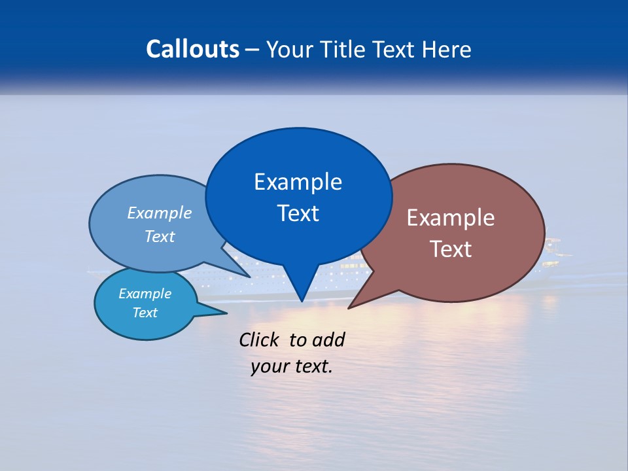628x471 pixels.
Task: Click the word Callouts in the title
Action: [x=193, y=49]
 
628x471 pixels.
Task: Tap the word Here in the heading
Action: [x=447, y=49]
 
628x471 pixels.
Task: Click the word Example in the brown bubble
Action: [x=451, y=218]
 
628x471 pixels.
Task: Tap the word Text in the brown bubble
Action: [x=451, y=249]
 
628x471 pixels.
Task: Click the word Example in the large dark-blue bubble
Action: [x=298, y=182]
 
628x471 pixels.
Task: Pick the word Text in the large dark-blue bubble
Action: [x=298, y=213]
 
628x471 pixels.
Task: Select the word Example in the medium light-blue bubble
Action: [x=160, y=213]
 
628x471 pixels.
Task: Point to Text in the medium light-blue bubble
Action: [x=160, y=237]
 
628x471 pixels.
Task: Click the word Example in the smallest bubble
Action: [x=145, y=294]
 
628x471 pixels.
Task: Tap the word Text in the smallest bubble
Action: [x=145, y=313]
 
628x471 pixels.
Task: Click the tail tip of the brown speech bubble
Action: [x=349, y=308]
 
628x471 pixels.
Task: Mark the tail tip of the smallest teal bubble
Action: [x=226, y=312]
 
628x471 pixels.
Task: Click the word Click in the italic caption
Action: [x=260, y=340]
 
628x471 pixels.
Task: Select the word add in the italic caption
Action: [x=329, y=340]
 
